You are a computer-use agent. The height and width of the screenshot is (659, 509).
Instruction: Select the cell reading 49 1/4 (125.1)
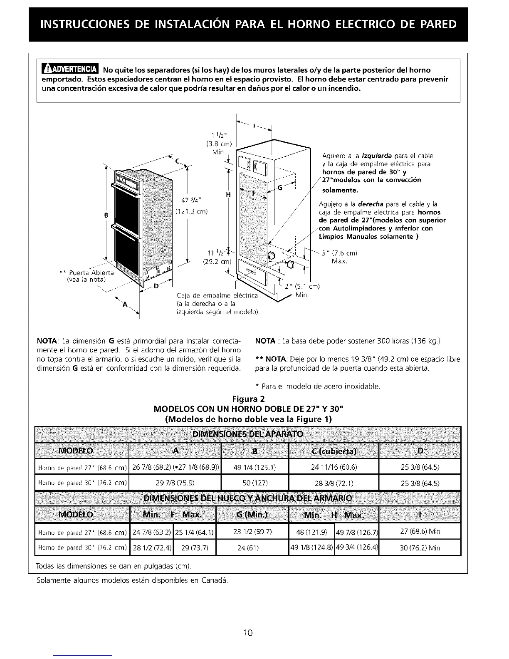(254, 467)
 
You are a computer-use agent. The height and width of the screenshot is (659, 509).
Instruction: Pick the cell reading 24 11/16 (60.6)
(334, 467)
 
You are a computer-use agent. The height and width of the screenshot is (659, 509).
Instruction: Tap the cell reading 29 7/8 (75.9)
(175, 483)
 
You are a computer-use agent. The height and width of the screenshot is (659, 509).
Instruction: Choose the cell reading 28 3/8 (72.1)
(334, 483)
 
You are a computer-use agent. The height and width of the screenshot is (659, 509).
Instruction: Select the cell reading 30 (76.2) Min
(420, 548)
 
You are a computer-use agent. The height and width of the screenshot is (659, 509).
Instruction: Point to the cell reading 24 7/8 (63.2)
(151, 531)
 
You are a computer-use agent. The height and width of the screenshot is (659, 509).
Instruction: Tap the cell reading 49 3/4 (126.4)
(356, 548)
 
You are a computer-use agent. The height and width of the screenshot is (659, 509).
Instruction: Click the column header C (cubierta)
(334, 451)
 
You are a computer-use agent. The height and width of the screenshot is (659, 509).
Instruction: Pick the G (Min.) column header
(252, 515)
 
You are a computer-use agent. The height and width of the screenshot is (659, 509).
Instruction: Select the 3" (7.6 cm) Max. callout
(340, 257)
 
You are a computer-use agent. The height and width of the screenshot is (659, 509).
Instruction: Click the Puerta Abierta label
(89, 273)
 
